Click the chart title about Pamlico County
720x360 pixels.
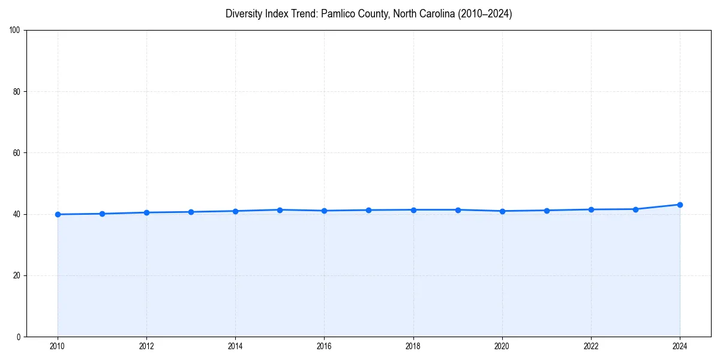pyautogui.click(x=368, y=14)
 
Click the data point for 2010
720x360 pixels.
pyautogui.click(x=58, y=214)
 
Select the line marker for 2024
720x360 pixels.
pyautogui.click(x=680, y=205)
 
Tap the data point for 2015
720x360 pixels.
pyautogui.click(x=280, y=210)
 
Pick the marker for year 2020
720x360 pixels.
pyautogui.click(x=502, y=211)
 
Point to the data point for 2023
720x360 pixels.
pyautogui.click(x=635, y=209)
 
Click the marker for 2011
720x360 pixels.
pyautogui.click(x=102, y=214)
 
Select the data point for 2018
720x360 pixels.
pyautogui.click(x=413, y=210)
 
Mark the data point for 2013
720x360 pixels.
pyautogui.click(x=191, y=212)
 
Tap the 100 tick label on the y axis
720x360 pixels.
pyautogui.click(x=16, y=31)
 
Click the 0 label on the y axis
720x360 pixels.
pyautogui.click(x=19, y=337)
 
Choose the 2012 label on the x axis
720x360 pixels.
pyautogui.click(x=146, y=346)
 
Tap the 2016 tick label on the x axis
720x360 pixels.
pyautogui.click(x=324, y=346)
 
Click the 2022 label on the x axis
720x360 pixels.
pyautogui.click(x=591, y=346)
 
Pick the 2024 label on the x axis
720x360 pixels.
pyautogui.click(x=680, y=346)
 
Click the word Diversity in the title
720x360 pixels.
pyautogui.click(x=243, y=14)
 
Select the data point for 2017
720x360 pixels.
pyautogui.click(x=368, y=210)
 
